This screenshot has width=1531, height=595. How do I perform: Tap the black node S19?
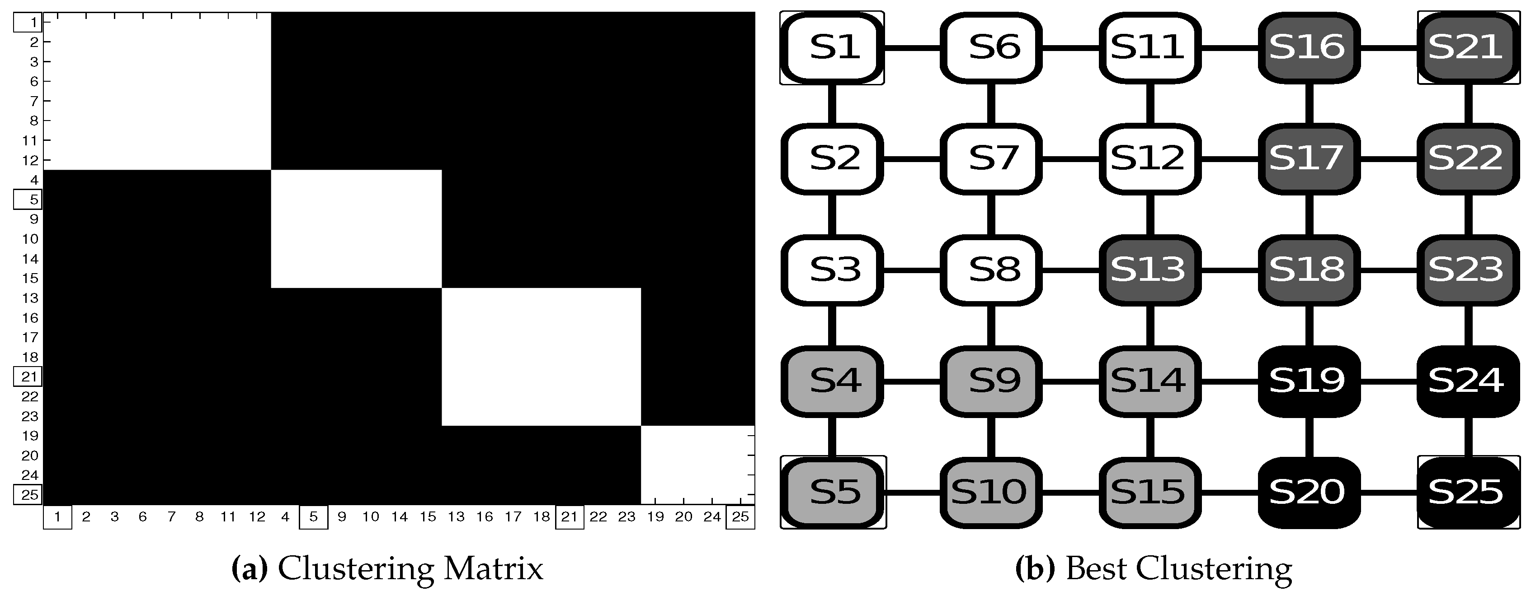tap(1308, 381)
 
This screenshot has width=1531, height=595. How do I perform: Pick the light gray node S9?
tap(991, 381)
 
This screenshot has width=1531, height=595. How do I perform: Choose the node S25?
tap(1467, 492)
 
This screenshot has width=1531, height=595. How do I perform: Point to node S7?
tap(991, 158)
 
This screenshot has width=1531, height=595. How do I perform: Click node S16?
tap(1308, 47)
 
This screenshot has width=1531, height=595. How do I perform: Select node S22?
tap(1467, 158)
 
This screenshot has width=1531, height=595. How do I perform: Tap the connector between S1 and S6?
tap(912, 47)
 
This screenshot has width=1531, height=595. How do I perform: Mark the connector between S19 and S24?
tap(1388, 381)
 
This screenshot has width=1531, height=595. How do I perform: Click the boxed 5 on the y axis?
tap(28, 200)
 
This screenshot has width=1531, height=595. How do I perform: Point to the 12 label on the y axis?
tap(30, 160)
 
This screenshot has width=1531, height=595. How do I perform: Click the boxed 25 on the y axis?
tap(28, 495)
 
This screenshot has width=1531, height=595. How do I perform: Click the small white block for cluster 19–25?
tap(697, 465)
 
